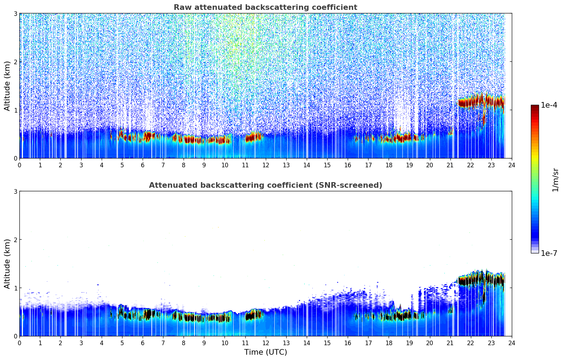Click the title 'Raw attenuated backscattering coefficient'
265,7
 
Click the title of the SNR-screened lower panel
265,185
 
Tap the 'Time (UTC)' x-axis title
265,352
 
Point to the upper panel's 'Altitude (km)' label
7,86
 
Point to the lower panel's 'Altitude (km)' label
7,264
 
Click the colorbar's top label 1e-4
549,105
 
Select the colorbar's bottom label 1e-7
549,253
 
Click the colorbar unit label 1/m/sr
555,180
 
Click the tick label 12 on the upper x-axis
265,165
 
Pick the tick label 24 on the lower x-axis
511,343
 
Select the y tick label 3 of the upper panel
16,13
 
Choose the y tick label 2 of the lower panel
16,240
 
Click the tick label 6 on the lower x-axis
143,343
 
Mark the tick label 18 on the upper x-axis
389,165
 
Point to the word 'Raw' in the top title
181,7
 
